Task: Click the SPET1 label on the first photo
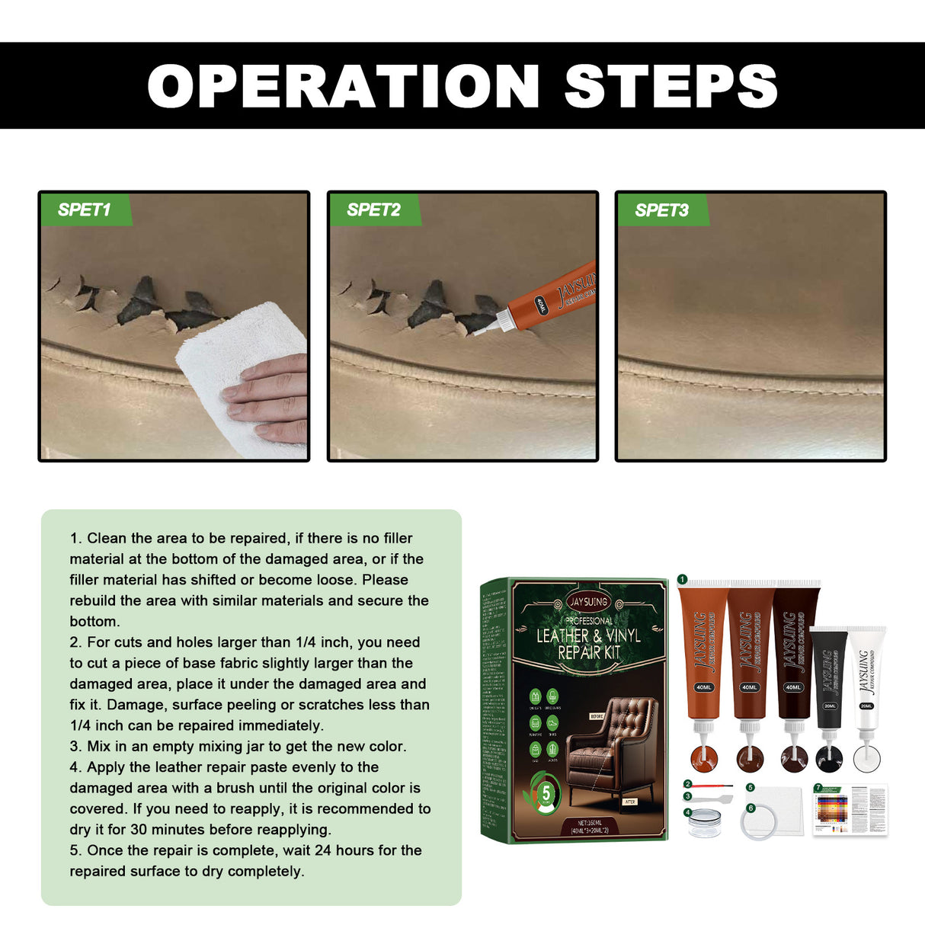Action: coord(85,210)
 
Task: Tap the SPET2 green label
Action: coord(373,210)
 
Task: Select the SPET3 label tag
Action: coord(661,210)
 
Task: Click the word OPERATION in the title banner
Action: coord(344,86)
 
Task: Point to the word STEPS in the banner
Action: coord(671,86)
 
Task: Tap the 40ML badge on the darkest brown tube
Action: coord(793,687)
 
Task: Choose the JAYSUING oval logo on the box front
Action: coord(587,601)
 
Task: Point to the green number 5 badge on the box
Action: coord(546,793)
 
